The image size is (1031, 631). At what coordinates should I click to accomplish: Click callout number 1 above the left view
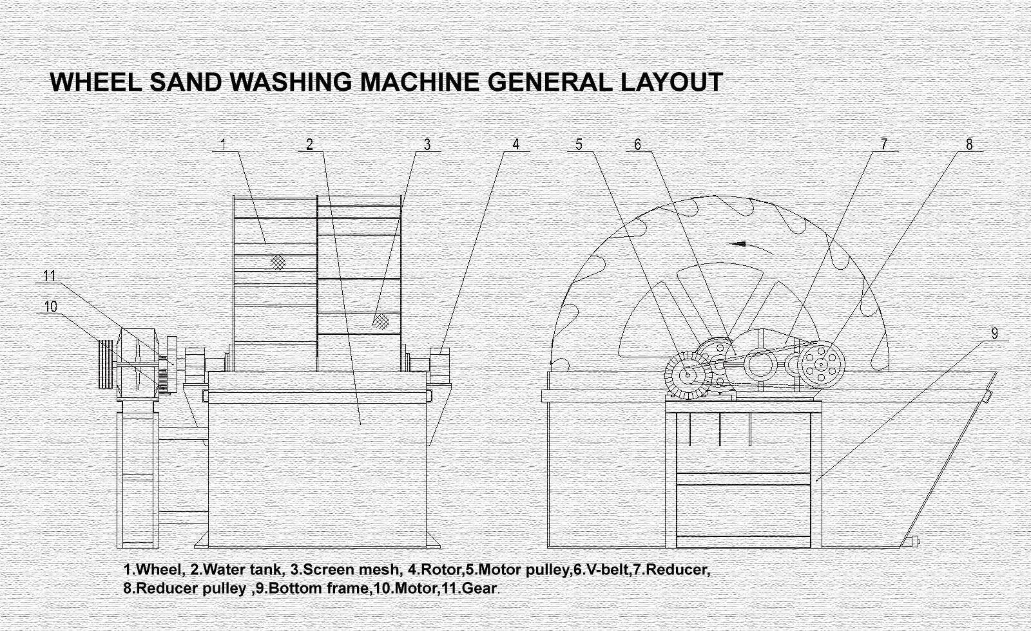[x=224, y=144]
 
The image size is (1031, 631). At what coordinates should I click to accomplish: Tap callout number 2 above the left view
[x=310, y=144]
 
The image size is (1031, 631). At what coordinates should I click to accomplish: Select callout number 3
[x=427, y=144]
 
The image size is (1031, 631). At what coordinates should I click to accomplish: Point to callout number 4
[x=515, y=144]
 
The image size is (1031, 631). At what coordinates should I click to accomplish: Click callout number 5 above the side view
[x=579, y=144]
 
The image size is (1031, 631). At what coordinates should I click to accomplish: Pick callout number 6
[x=638, y=144]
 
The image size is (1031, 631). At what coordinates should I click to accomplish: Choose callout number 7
[x=885, y=144]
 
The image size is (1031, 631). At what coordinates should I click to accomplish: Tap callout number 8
[x=969, y=144]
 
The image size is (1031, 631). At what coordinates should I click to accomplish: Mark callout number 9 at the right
[x=995, y=333]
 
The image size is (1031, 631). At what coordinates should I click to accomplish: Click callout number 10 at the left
[x=51, y=306]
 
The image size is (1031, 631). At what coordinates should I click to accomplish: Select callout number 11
[x=50, y=276]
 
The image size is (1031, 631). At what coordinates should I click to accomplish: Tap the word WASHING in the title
[x=291, y=82]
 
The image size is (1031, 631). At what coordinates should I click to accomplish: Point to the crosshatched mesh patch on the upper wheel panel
[x=278, y=261]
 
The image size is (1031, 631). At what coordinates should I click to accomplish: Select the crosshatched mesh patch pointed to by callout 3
[x=381, y=320]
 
